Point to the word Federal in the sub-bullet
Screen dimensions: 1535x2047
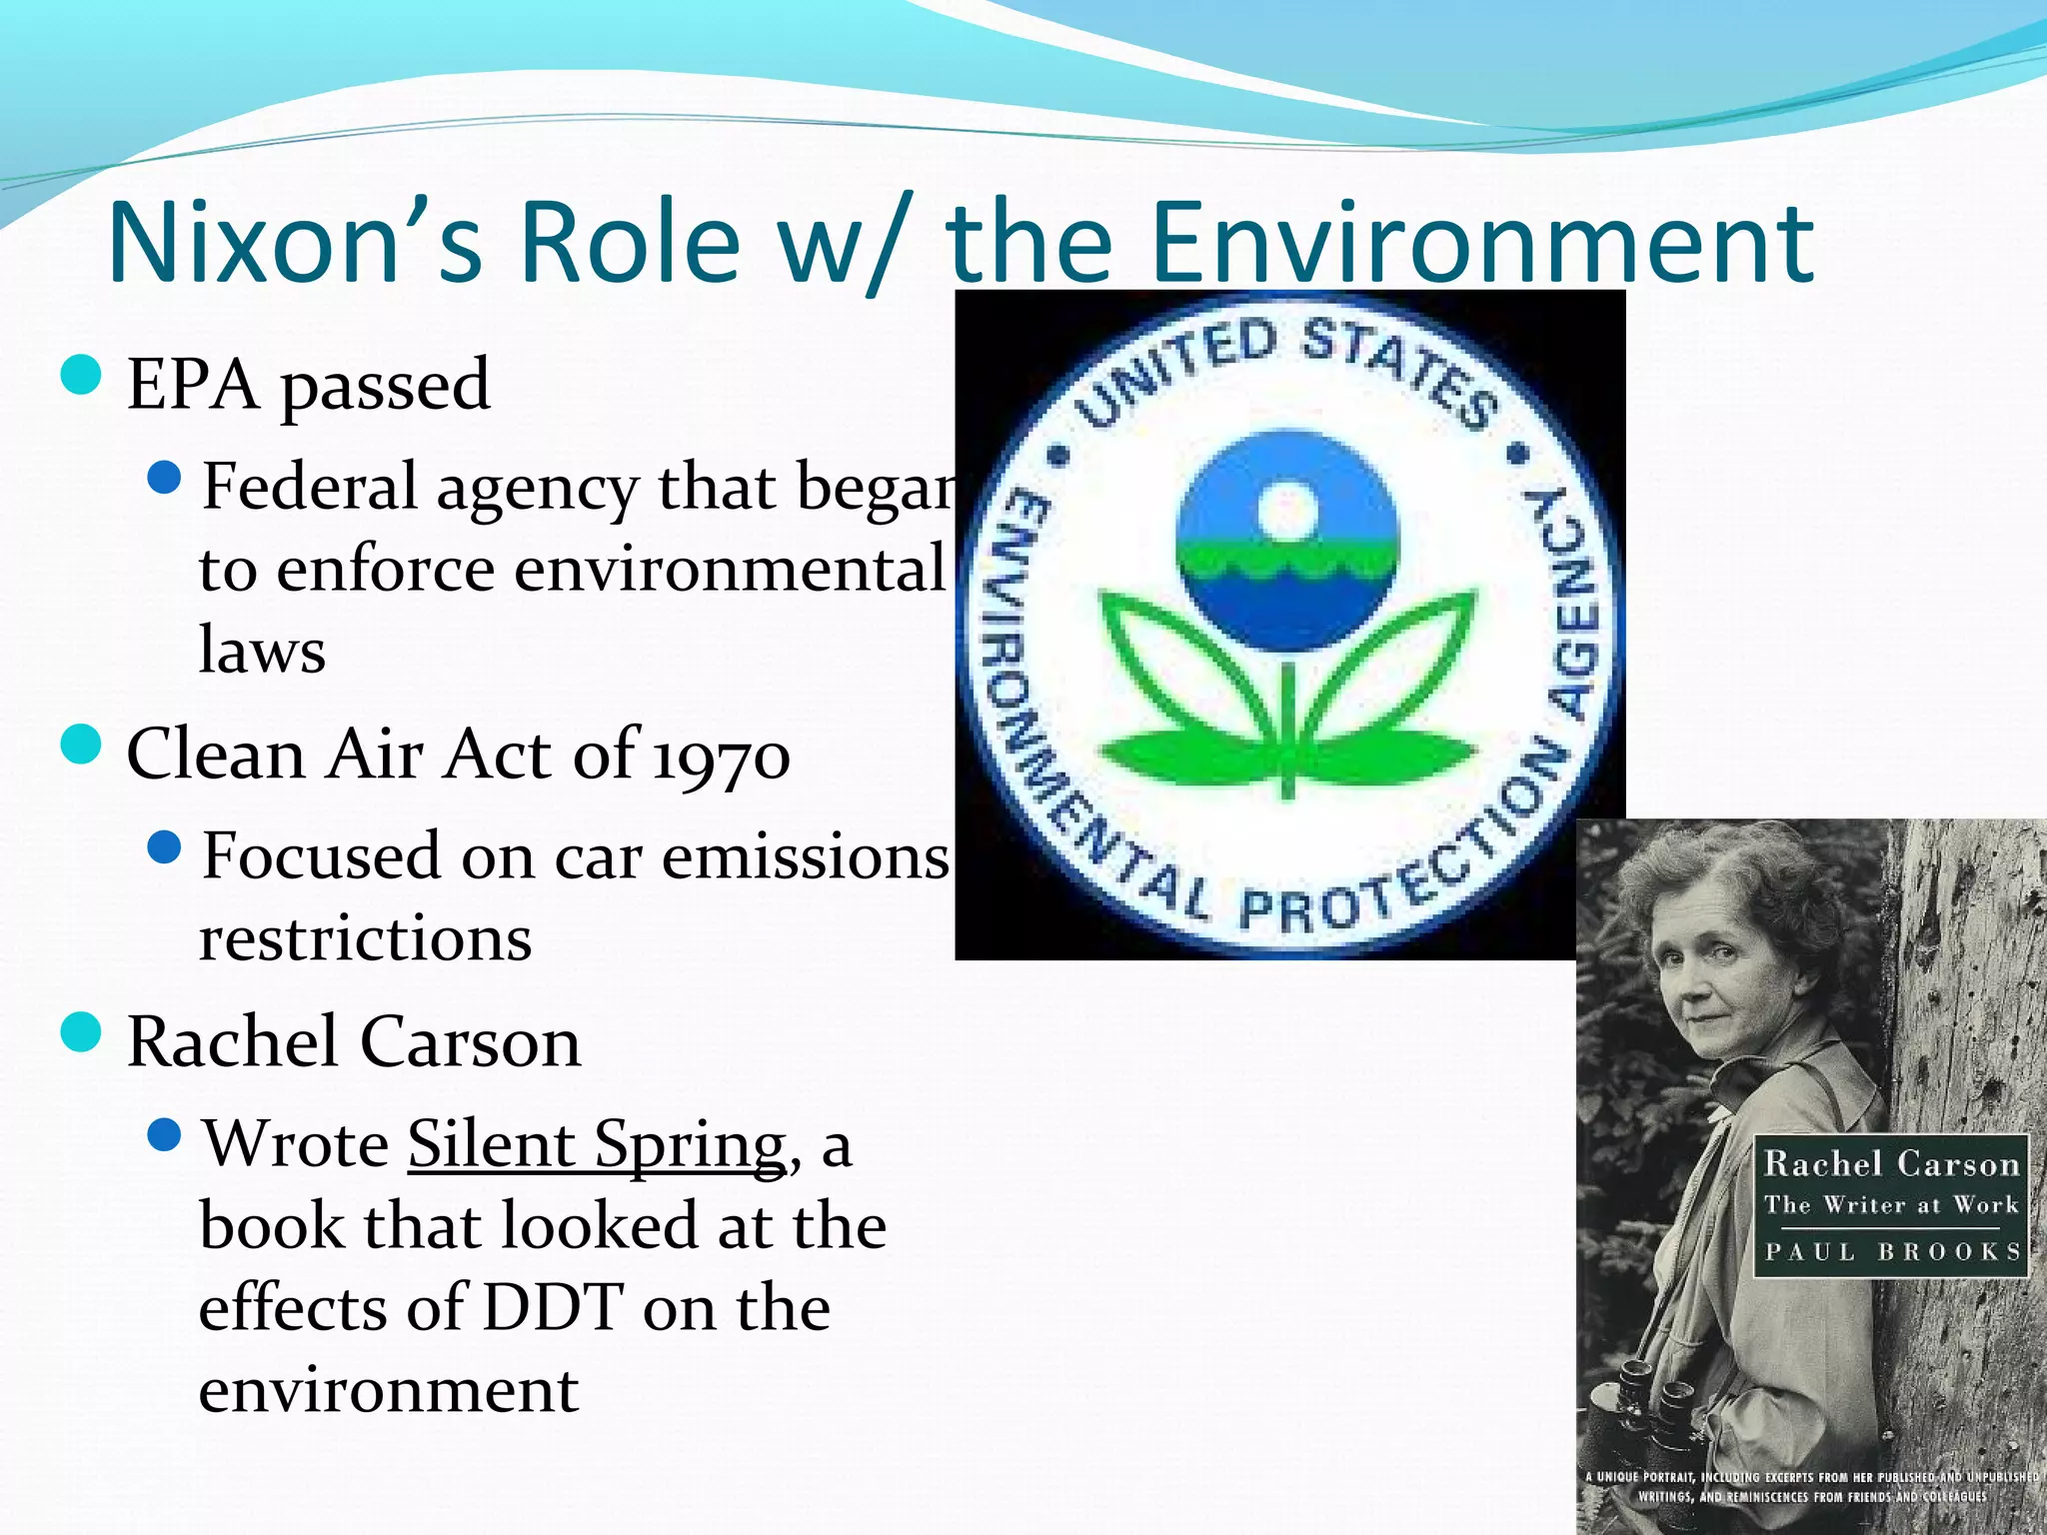[309, 487]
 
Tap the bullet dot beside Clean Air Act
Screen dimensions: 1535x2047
[81, 745]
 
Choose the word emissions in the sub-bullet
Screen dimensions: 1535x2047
[805, 857]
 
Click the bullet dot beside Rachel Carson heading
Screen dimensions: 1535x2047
[81, 1032]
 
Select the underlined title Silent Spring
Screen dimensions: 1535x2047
[597, 1144]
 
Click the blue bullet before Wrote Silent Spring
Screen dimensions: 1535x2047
[164, 1134]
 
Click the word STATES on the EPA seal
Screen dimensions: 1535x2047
[1399, 368]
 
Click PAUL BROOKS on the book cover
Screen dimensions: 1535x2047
[1891, 1251]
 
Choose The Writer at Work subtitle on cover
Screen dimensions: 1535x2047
[1891, 1204]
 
